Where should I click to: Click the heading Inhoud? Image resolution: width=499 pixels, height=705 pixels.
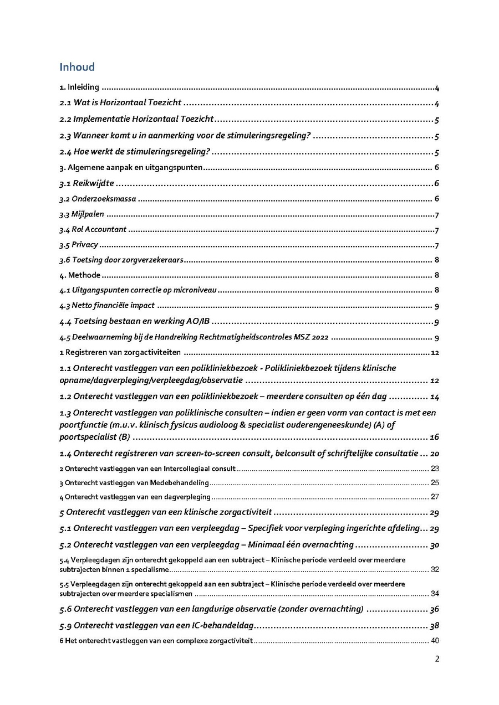click(x=77, y=67)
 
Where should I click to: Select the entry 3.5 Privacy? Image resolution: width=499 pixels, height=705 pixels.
click(x=79, y=245)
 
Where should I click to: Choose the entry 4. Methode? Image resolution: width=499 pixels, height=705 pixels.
click(x=80, y=275)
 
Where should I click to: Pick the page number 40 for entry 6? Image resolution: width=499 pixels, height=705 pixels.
click(x=435, y=641)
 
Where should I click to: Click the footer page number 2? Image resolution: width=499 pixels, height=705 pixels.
click(x=437, y=659)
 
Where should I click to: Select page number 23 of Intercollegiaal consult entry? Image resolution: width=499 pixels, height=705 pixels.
click(x=435, y=469)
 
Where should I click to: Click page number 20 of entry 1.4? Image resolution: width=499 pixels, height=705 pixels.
click(x=434, y=454)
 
